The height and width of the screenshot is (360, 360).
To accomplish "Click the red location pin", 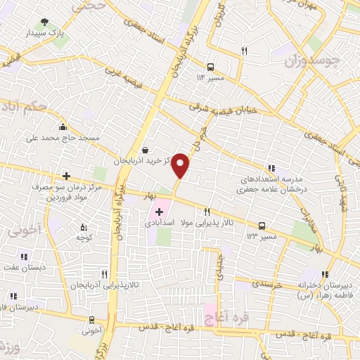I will [181, 165].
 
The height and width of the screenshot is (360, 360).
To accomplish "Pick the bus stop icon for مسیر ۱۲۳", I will [262, 226].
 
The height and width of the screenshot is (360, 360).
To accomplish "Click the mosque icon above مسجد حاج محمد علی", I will [63, 127].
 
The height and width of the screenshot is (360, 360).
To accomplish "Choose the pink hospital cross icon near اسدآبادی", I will [160, 212].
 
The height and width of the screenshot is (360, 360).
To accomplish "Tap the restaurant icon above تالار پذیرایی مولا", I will [207, 212].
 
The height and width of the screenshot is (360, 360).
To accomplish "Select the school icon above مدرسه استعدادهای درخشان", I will [270, 167].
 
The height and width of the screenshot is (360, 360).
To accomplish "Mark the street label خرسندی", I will [266, 284].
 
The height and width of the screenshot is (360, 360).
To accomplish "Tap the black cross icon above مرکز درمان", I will [66, 176].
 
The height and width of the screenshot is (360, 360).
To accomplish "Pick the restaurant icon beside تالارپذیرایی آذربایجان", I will [104, 274].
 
